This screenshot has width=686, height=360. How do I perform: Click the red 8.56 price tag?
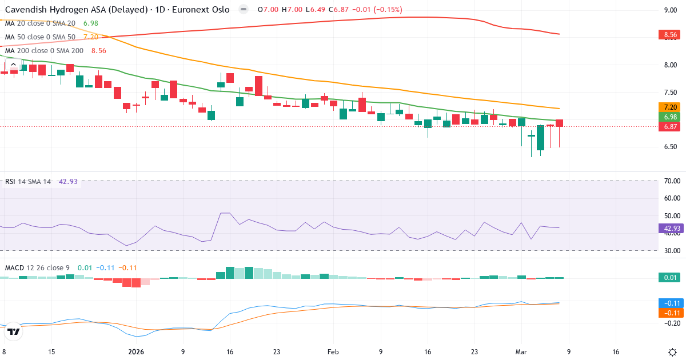(x=670, y=35)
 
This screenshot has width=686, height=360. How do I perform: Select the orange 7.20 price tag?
(x=670, y=107)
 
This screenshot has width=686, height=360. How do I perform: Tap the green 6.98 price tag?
(x=670, y=117)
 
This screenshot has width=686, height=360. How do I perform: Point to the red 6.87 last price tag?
(x=670, y=127)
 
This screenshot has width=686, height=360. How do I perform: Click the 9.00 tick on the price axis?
(x=670, y=10)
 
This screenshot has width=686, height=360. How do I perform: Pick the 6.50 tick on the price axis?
(x=670, y=147)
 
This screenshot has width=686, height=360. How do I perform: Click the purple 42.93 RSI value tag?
(x=670, y=228)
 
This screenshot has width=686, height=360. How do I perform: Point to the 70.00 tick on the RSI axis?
(x=672, y=181)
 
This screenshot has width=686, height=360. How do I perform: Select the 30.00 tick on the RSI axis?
(x=672, y=251)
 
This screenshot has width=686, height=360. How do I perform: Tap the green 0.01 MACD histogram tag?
(x=670, y=278)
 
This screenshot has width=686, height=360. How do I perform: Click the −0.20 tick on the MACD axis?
(x=670, y=323)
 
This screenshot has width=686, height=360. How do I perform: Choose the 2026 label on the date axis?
(x=135, y=351)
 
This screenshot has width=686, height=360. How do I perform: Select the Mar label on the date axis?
(x=521, y=351)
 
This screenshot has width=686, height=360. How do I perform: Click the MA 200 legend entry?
(x=44, y=50)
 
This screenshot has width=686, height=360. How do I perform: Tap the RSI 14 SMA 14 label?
(x=28, y=182)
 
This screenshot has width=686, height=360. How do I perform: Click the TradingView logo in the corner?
(x=14, y=331)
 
